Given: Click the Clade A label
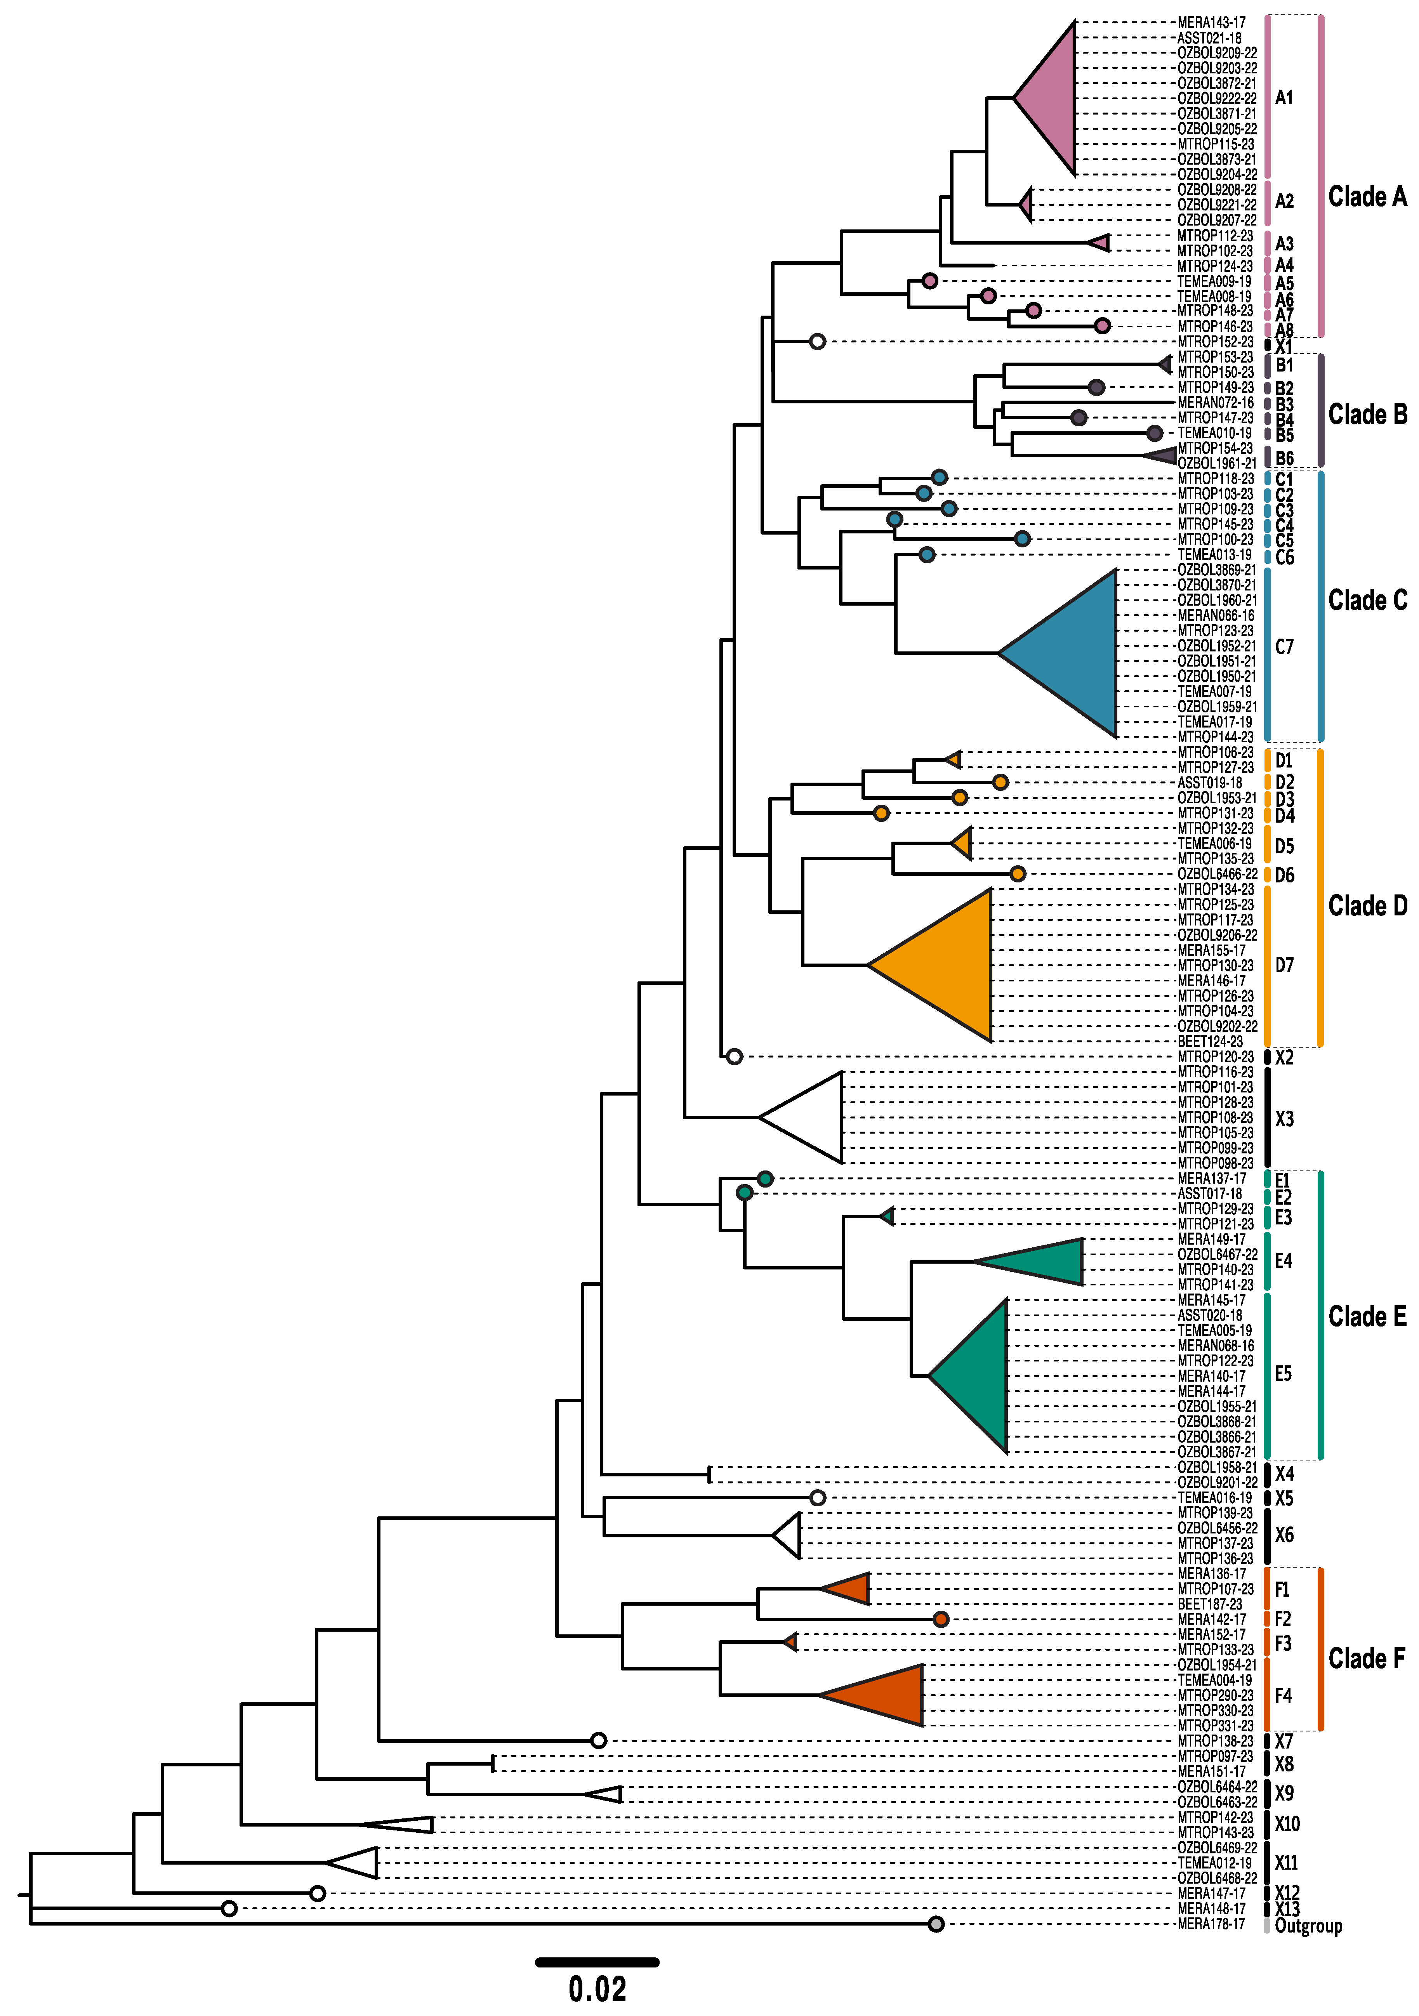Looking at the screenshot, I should tap(1366, 197).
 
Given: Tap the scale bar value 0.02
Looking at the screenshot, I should tap(597, 1989).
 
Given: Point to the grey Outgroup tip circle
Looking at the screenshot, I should tap(936, 1925).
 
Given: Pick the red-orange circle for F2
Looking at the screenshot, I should tap(940, 1619).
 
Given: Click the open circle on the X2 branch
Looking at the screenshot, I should tap(734, 1056).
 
